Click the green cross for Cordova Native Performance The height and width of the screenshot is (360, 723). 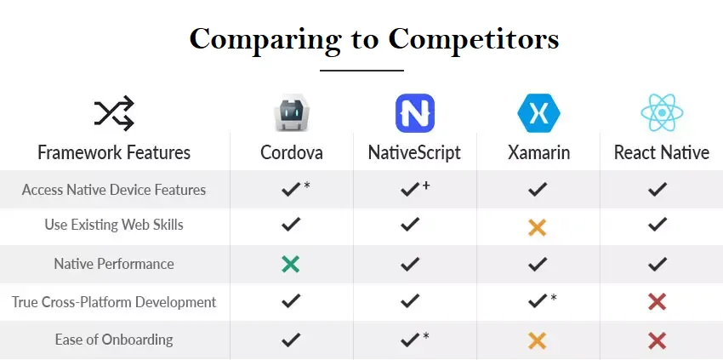pos(291,264)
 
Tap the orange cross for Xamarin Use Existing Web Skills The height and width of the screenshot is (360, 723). pos(538,227)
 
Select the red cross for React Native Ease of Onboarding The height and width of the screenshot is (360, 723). pos(657,341)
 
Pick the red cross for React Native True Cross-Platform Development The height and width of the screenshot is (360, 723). pos(657,302)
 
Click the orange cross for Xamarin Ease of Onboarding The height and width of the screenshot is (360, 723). pos(538,341)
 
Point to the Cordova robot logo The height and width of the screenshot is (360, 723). pos(292,113)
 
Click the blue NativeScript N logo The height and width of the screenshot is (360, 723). pos(415,113)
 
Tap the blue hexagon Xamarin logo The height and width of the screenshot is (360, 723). pos(538,113)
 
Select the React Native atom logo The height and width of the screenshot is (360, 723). pos(662,112)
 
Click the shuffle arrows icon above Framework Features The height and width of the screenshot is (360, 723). pos(114,113)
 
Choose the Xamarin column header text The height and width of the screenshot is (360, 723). pos(539,153)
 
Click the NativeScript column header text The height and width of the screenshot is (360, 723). pos(414,153)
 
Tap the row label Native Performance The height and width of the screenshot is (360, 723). pos(114,264)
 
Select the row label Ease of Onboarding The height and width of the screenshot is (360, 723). pos(114,340)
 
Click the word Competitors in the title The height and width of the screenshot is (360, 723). pos(474,39)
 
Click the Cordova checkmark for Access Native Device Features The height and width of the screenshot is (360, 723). pos(291,189)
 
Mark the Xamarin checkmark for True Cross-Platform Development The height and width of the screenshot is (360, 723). pos(538,301)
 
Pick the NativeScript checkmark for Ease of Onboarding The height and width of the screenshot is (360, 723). pos(410,340)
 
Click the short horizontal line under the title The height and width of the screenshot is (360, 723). pos(362,71)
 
